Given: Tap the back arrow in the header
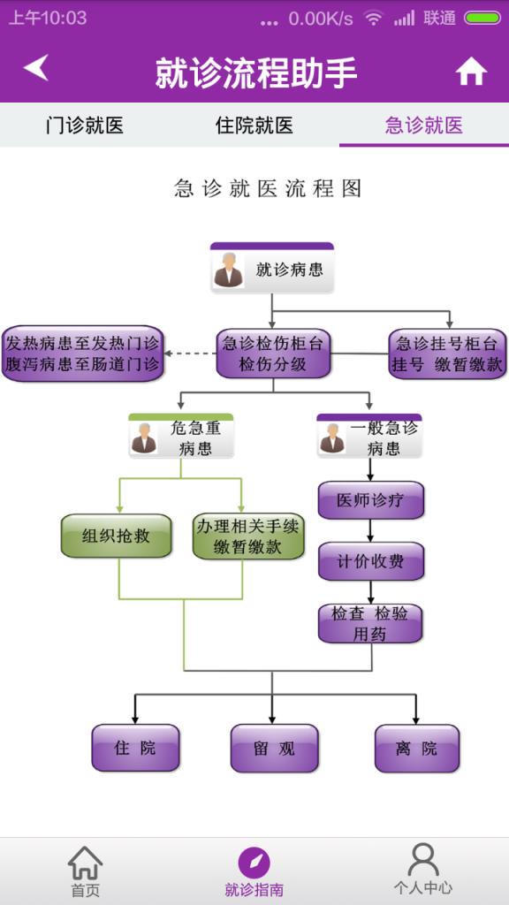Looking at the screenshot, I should click(x=36, y=68).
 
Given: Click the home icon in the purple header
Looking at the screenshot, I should click(x=471, y=72).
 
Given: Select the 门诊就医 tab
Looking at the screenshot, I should click(x=84, y=125).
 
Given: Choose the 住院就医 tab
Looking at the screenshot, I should click(x=254, y=125).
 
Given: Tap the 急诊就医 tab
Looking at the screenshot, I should click(x=424, y=125).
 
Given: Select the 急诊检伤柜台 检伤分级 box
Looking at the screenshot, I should click(x=273, y=354).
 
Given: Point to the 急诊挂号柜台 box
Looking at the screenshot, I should click(x=447, y=354).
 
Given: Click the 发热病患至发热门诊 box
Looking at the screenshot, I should click(x=83, y=354).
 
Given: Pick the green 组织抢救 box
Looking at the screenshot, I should click(x=116, y=536).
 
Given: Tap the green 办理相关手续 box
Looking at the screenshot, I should click(x=247, y=536).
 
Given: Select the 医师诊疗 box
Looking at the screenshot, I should click(x=370, y=500).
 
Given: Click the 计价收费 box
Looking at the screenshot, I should click(x=370, y=561).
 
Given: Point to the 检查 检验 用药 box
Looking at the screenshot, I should click(x=370, y=624).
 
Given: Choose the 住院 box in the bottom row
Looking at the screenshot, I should click(x=135, y=748).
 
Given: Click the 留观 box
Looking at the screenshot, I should click(x=274, y=748).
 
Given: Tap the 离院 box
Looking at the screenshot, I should click(x=416, y=748).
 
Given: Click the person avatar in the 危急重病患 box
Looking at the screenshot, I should click(x=144, y=438).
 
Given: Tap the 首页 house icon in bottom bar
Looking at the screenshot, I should click(x=85, y=863).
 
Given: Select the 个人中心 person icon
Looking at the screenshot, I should click(x=423, y=860).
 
